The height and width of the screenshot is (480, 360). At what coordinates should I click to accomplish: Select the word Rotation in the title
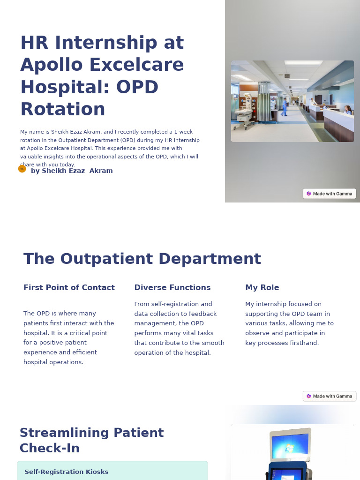pos(63,109)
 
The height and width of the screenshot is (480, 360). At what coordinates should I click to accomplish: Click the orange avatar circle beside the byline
pos(22,169)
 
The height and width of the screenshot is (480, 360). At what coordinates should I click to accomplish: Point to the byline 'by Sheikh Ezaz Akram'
pos(72,171)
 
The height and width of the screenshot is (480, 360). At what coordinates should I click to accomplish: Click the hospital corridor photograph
pos(292,101)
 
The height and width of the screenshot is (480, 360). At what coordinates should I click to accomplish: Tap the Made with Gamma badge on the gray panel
pos(330,194)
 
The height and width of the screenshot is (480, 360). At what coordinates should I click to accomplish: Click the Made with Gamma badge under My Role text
pos(330,396)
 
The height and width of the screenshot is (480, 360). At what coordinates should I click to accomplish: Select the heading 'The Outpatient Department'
pos(142,259)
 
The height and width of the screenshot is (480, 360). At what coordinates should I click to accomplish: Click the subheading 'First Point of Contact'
pos(69,288)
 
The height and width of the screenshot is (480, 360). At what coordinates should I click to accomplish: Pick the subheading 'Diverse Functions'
pos(172,288)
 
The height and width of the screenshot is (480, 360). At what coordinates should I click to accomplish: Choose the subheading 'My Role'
pos(262,288)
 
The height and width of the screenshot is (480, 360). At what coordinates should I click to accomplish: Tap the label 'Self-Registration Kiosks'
pos(67,472)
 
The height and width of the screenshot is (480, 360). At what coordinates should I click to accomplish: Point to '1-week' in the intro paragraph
pos(183,132)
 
